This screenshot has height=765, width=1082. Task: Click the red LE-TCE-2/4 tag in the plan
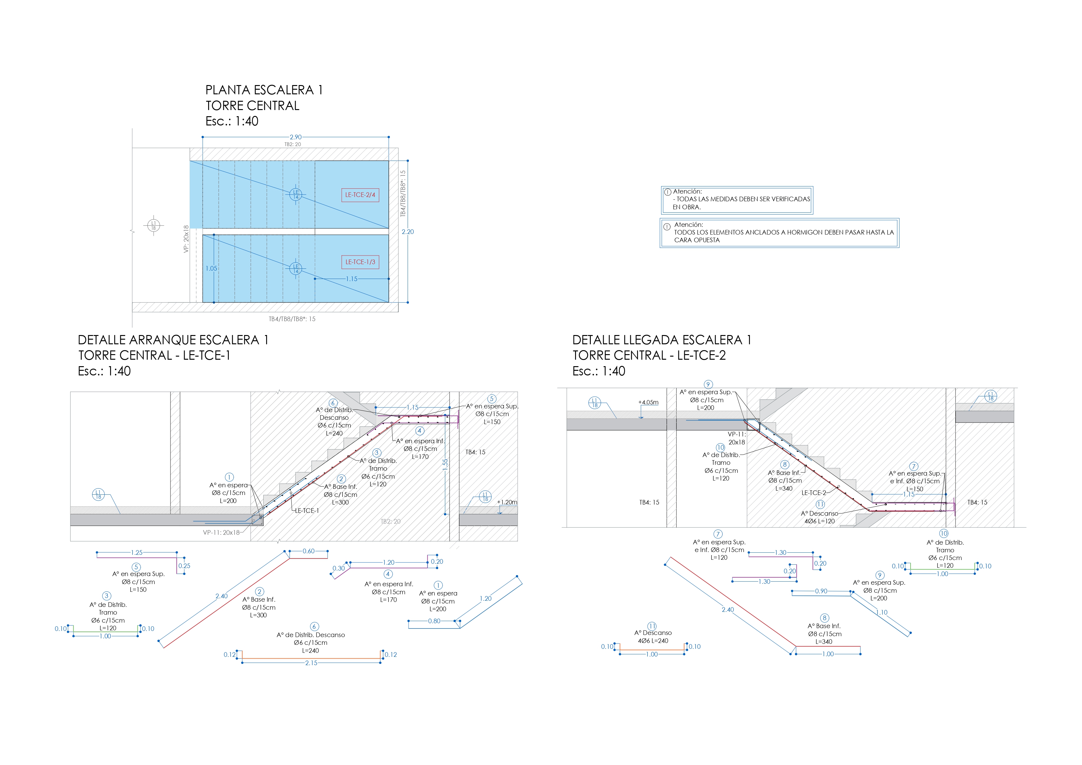pyautogui.click(x=360, y=194)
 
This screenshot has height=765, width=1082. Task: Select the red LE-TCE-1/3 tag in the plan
pyautogui.click(x=360, y=262)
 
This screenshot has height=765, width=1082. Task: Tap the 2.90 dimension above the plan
pyautogui.click(x=295, y=137)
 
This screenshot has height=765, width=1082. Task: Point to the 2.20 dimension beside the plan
pyautogui.click(x=408, y=232)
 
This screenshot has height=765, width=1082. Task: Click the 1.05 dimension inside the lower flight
pyautogui.click(x=211, y=268)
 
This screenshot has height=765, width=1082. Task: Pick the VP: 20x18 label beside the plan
pyautogui.click(x=186, y=239)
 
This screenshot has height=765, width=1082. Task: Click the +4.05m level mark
pyautogui.click(x=648, y=402)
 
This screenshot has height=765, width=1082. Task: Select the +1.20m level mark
pyautogui.click(x=507, y=502)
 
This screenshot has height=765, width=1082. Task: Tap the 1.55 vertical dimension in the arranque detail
pyautogui.click(x=445, y=464)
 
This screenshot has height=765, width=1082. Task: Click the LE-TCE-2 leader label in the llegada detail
pyautogui.click(x=814, y=493)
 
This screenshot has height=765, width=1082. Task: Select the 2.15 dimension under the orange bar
pyautogui.click(x=311, y=663)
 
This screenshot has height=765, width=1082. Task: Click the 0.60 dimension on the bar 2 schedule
pyautogui.click(x=309, y=551)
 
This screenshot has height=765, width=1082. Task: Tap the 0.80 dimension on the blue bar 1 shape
pyautogui.click(x=434, y=621)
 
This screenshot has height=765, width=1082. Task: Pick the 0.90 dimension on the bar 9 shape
pyautogui.click(x=821, y=591)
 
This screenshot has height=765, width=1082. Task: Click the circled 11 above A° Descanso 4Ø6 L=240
pyautogui.click(x=652, y=626)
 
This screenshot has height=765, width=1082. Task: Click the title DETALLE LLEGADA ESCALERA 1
pyautogui.click(x=662, y=340)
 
